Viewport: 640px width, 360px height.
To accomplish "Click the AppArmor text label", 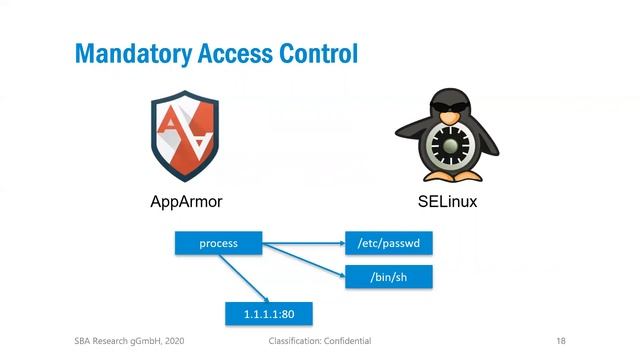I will click(186, 202).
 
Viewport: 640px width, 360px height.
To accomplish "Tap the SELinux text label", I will click(447, 202).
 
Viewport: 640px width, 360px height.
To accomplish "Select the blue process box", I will click(219, 243).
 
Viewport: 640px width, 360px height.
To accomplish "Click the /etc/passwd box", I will click(389, 243).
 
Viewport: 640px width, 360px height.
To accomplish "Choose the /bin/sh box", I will click(389, 276).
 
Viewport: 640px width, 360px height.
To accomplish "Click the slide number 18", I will click(561, 341).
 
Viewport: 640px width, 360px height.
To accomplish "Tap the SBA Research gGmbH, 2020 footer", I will click(128, 341).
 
